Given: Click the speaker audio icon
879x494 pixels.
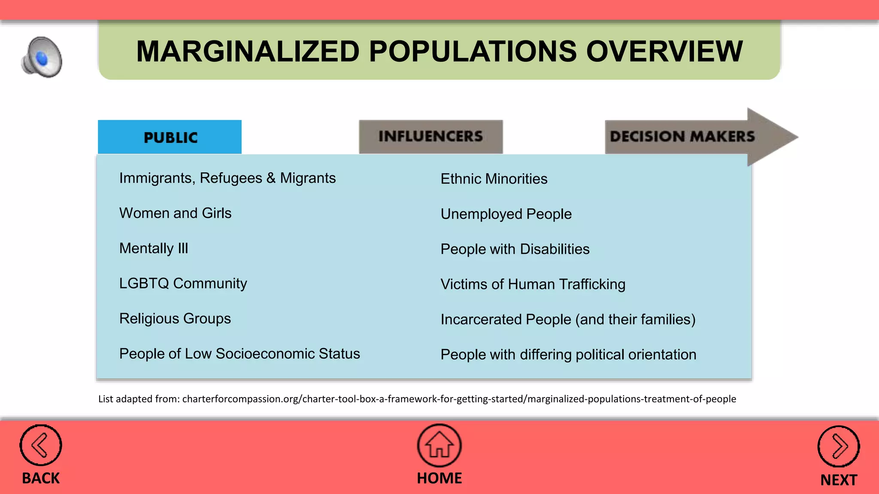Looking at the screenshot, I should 42,57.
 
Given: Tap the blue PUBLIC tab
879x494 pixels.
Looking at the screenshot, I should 170,137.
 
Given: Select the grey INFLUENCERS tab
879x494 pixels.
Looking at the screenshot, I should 430,136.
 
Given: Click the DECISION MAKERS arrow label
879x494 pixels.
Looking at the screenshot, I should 682,136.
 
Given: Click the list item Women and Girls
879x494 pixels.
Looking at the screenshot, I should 175,213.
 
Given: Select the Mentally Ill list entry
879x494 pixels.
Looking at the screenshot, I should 154,248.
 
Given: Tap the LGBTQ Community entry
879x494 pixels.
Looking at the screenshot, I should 183,283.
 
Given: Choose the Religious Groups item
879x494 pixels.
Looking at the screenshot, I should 175,319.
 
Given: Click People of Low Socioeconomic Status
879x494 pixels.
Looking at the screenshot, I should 239,354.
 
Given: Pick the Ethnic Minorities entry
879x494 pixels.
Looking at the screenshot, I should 494,179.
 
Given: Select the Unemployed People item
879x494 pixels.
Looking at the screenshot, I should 506,214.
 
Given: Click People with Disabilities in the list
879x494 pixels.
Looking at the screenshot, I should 515,249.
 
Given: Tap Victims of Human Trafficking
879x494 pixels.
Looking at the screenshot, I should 533,284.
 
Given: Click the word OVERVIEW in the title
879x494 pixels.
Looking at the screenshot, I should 664,51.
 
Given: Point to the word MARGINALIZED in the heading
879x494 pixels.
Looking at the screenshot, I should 248,51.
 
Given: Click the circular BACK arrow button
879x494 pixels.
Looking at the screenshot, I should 41,446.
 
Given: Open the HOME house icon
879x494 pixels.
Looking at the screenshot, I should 439,446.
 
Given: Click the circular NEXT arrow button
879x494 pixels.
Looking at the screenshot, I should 838,446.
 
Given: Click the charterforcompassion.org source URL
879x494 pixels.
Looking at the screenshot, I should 459,399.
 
